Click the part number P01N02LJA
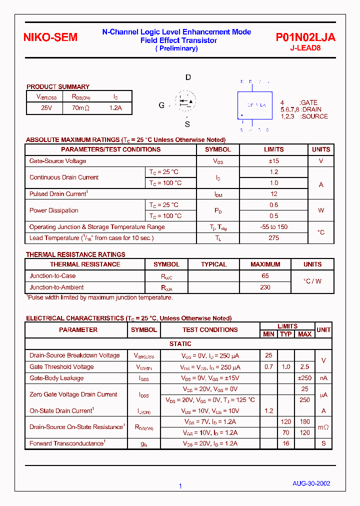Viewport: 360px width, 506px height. pyautogui.click(x=305, y=37)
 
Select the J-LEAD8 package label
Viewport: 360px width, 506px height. pyautogui.click(x=305, y=48)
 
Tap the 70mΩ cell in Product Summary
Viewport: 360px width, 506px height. pyautogui.click(x=80, y=107)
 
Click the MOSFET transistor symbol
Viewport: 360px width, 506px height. pyautogui.click(x=185, y=101)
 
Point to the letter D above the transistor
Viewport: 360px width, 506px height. pyautogui.click(x=188, y=77)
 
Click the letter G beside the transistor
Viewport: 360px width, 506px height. pyautogui.click(x=161, y=105)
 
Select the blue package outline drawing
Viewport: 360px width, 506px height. pyautogui.click(x=254, y=105)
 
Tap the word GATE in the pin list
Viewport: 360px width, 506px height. pyautogui.click(x=308, y=102)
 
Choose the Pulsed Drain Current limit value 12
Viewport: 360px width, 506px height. pyautogui.click(x=273, y=193)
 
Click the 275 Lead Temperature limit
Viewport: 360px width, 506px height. pyautogui.click(x=273, y=238)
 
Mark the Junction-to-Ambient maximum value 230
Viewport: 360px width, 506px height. pyautogui.click(x=265, y=287)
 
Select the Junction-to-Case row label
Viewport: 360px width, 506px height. pyautogui.click(x=52, y=276)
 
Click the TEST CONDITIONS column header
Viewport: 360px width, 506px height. pyautogui.click(x=210, y=330)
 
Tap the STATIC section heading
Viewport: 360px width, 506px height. pyautogui.click(x=180, y=344)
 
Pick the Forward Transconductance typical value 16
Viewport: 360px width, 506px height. pyautogui.click(x=285, y=443)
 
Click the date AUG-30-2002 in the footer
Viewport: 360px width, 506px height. pyautogui.click(x=311, y=483)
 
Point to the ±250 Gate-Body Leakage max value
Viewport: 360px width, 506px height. pyautogui.click(x=304, y=378)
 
